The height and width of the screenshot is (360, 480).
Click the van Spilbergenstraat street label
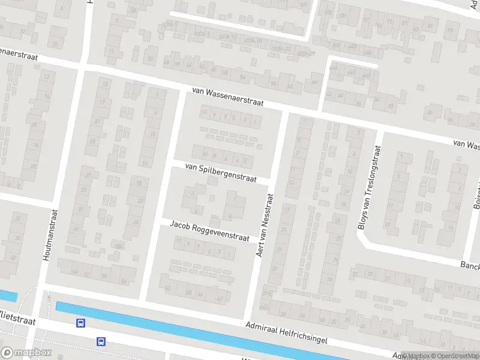pyautogui.click(x=221, y=172)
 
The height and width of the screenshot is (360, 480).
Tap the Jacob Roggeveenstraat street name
pyautogui.click(x=209, y=231)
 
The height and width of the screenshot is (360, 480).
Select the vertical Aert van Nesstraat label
pyautogui.click(x=265, y=225)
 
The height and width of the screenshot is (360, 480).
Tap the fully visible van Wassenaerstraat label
pyautogui.click(x=228, y=97)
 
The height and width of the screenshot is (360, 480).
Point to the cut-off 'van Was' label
pyautogui.click(x=466, y=145)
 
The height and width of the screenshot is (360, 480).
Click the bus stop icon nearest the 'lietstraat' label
pyautogui.click(x=80, y=323)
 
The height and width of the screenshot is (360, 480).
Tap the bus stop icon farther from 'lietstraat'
pyautogui.click(x=101, y=341)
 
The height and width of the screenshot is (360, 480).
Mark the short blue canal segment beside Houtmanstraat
pyautogui.click(x=8, y=295)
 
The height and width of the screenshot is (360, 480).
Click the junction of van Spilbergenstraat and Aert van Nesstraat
pyautogui.click(x=272, y=181)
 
